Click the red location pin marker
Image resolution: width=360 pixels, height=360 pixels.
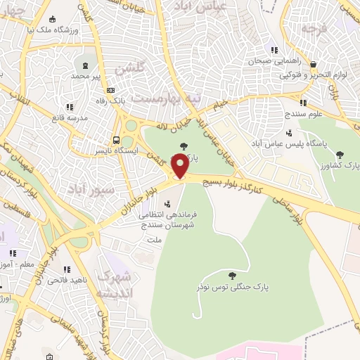click(x=180, y=167)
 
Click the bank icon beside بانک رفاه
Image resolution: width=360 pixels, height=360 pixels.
click(x=110, y=90)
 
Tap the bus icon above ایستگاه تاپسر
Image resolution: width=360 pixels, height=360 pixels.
click(x=117, y=139)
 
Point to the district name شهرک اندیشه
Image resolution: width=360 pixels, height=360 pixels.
click(x=113, y=284)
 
